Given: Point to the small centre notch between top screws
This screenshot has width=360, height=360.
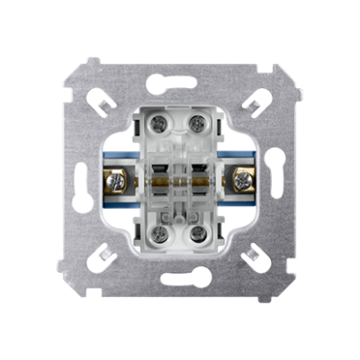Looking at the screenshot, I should pos(179,118).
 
